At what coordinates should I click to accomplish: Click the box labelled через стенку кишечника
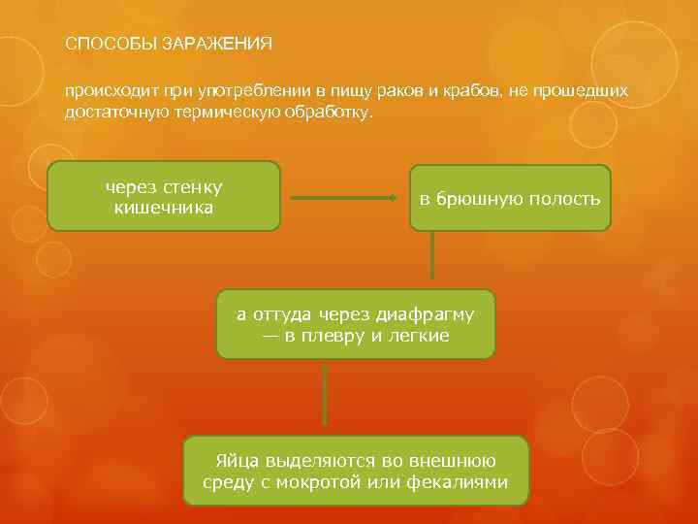tap(164, 196)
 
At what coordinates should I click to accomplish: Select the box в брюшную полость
tap(510, 198)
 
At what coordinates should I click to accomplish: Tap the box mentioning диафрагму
tap(355, 324)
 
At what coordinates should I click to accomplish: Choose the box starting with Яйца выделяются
tap(355, 471)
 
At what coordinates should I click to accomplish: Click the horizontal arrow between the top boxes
tap(345, 199)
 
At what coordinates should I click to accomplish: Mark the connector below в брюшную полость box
tap(432, 259)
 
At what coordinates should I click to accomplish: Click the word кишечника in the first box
tap(164, 207)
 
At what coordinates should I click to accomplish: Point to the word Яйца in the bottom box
tap(236, 460)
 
